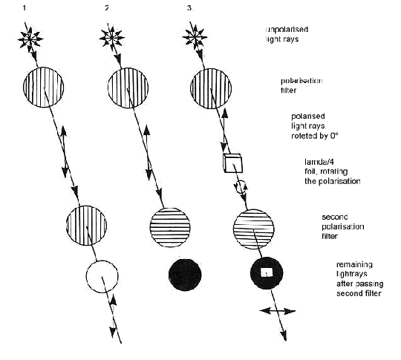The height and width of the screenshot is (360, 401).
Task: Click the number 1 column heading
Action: pos(25,8)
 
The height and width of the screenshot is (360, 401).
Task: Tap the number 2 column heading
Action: pos(108,8)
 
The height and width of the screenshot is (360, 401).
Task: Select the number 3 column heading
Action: pos(190,8)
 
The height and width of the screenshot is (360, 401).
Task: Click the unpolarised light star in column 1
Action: pos(30,39)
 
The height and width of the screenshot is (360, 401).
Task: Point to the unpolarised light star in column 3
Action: pos(195,38)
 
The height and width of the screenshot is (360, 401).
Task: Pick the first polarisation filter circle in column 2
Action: pos(128,88)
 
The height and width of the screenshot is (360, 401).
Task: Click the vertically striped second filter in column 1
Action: pos(86,226)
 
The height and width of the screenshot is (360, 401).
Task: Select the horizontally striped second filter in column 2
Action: pos(170,227)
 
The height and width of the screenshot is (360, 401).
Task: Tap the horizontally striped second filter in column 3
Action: pos(254,229)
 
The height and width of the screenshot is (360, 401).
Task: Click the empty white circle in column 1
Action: pos(102,277)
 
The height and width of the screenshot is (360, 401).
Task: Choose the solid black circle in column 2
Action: pos(185,275)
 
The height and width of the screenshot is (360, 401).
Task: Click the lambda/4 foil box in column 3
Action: pos(232,163)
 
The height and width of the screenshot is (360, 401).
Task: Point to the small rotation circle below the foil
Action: pos(241,187)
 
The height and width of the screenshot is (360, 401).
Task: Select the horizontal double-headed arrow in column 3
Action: pos(278,311)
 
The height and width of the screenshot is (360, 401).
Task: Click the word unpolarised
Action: pos(287,30)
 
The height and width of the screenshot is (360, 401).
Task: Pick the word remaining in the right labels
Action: pos(354,264)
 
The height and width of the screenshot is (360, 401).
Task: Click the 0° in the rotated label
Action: pos(334,136)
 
